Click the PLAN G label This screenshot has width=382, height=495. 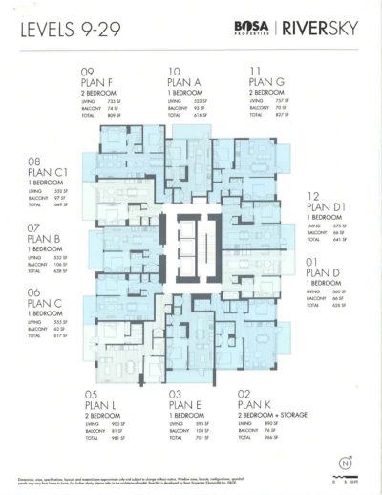pos(267,83)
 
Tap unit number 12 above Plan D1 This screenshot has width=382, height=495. pos(312,194)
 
